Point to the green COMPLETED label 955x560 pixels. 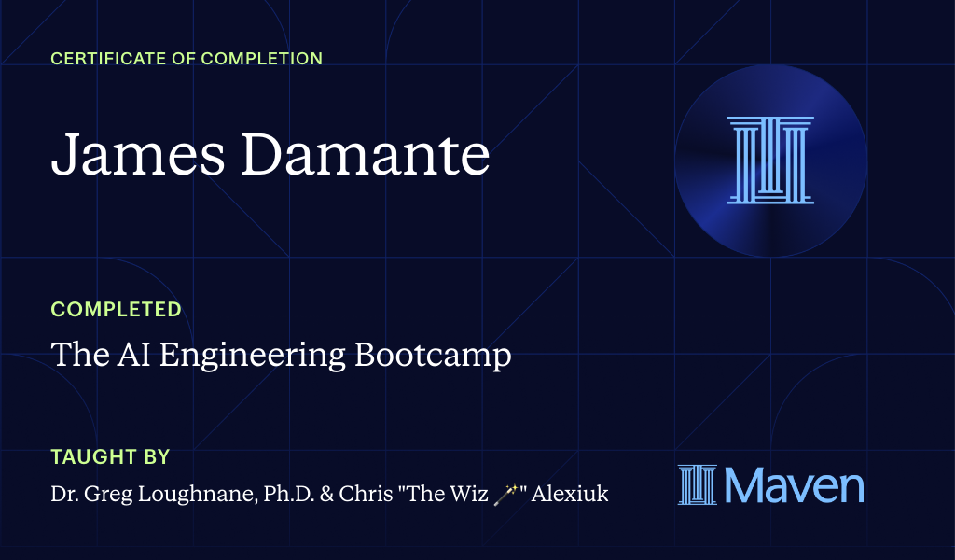(x=116, y=309)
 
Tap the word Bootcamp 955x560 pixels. (x=434, y=356)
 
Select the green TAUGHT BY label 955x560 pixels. (x=110, y=457)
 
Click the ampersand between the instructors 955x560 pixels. (x=323, y=494)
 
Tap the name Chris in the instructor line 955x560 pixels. (x=360, y=494)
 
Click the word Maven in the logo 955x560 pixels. (x=794, y=485)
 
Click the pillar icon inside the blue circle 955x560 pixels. (x=770, y=160)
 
